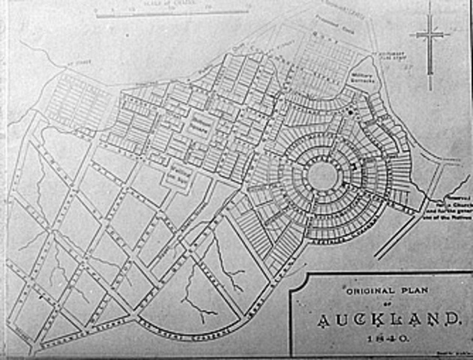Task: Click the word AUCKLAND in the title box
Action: [387, 320]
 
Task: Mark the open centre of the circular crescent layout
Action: [322, 175]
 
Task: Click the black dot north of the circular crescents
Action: [349, 112]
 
